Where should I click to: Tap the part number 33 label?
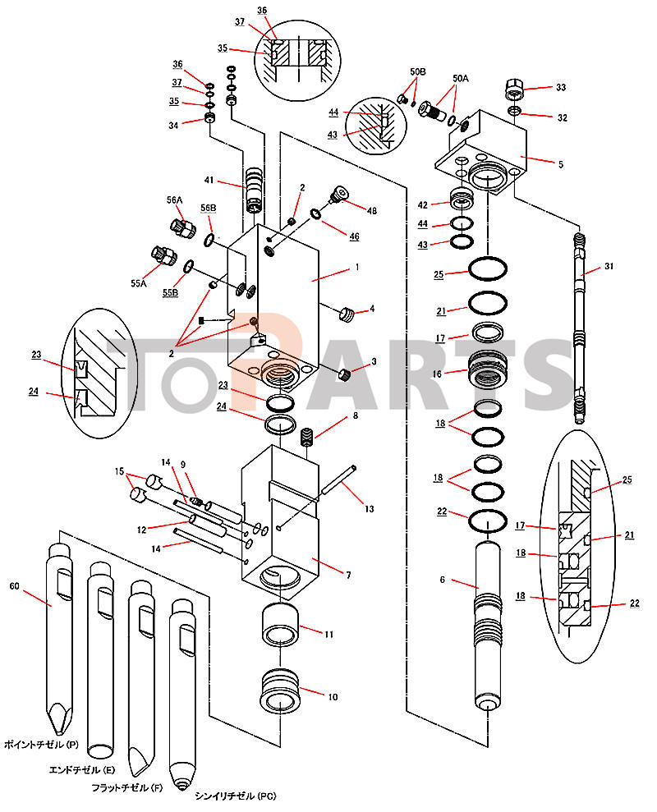tap(561, 87)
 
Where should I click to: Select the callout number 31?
tap(609, 266)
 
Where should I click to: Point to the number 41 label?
tap(209, 180)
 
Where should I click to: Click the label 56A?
tap(174, 199)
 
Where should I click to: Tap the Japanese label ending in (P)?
tap(41, 744)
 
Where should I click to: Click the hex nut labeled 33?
tap(512, 87)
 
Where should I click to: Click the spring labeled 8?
tap(309, 437)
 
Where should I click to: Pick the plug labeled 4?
tap(347, 313)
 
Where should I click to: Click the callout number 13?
tap(369, 509)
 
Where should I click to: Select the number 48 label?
tap(371, 211)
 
